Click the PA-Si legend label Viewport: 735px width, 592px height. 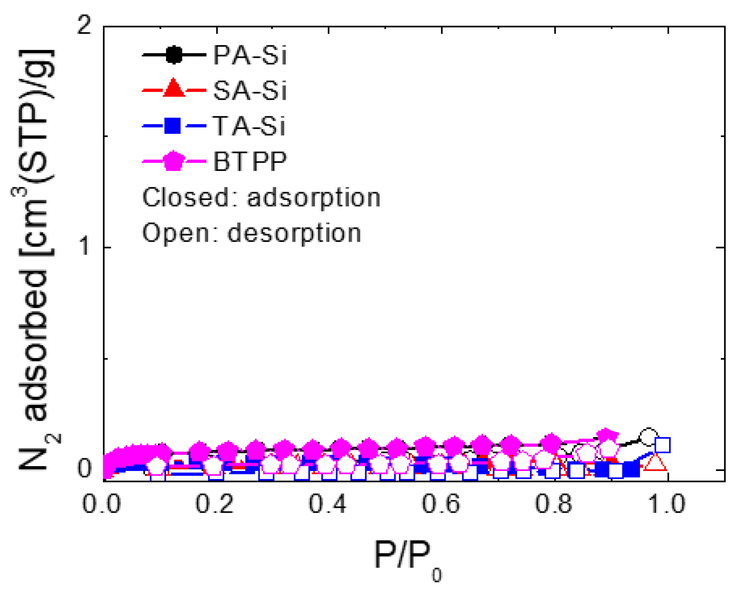tap(250, 55)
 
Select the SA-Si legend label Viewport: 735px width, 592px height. tap(250, 90)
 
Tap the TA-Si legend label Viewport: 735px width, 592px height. tap(249, 126)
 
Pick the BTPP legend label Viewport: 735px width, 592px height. tap(250, 161)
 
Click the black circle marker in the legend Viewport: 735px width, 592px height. tap(174, 55)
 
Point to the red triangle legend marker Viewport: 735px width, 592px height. tap(174, 89)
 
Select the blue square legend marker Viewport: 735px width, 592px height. tap(172, 126)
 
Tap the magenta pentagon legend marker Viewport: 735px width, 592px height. tap(174, 161)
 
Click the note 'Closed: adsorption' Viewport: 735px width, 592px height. tap(261, 197)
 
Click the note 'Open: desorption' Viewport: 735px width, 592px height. tap(251, 233)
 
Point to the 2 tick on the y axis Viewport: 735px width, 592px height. tap(84, 27)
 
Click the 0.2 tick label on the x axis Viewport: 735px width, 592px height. tap(215, 504)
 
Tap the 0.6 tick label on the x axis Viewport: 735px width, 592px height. tap(441, 504)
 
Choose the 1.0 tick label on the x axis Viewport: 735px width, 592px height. tap(666, 504)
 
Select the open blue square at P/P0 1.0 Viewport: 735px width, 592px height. tap(662, 445)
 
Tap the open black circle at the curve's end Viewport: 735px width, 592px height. tap(648, 437)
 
